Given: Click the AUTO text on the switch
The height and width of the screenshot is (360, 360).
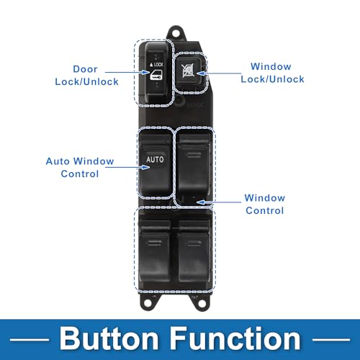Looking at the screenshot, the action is pyautogui.click(x=155, y=159).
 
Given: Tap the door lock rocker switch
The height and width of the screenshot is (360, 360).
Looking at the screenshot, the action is pyautogui.click(x=156, y=73).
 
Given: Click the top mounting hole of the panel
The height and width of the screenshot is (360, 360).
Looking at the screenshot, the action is pyautogui.click(x=176, y=33).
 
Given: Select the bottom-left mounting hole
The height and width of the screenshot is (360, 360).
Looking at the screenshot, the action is pyautogui.click(x=148, y=303).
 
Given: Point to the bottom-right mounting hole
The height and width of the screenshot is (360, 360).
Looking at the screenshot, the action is pyautogui.click(x=202, y=303).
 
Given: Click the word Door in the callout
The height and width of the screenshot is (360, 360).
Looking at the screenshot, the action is pyautogui.click(x=85, y=69).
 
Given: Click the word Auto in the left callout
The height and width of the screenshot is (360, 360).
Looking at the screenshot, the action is pyautogui.click(x=58, y=161).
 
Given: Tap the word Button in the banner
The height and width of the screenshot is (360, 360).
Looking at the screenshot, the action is pyautogui.click(x=109, y=338).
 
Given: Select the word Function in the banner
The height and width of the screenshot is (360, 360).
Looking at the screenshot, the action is pyautogui.click(x=235, y=338).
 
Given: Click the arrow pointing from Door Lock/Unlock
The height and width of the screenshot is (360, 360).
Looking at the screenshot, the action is pyautogui.click(x=127, y=72).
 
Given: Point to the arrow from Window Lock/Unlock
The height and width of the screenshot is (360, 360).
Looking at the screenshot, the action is pyautogui.click(x=218, y=73).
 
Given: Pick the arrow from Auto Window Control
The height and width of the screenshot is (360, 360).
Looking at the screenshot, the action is pyautogui.click(x=127, y=167).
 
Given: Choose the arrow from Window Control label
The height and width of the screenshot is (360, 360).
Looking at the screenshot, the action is pyautogui.click(x=218, y=202).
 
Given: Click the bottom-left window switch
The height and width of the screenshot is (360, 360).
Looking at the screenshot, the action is pyautogui.click(x=155, y=251).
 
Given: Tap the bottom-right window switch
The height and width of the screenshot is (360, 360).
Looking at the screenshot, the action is pyautogui.click(x=194, y=251).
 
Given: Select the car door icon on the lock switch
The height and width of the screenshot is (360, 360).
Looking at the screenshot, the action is pyautogui.click(x=156, y=75).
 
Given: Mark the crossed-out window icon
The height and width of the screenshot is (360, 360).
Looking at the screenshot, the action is pyautogui.click(x=189, y=71).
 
